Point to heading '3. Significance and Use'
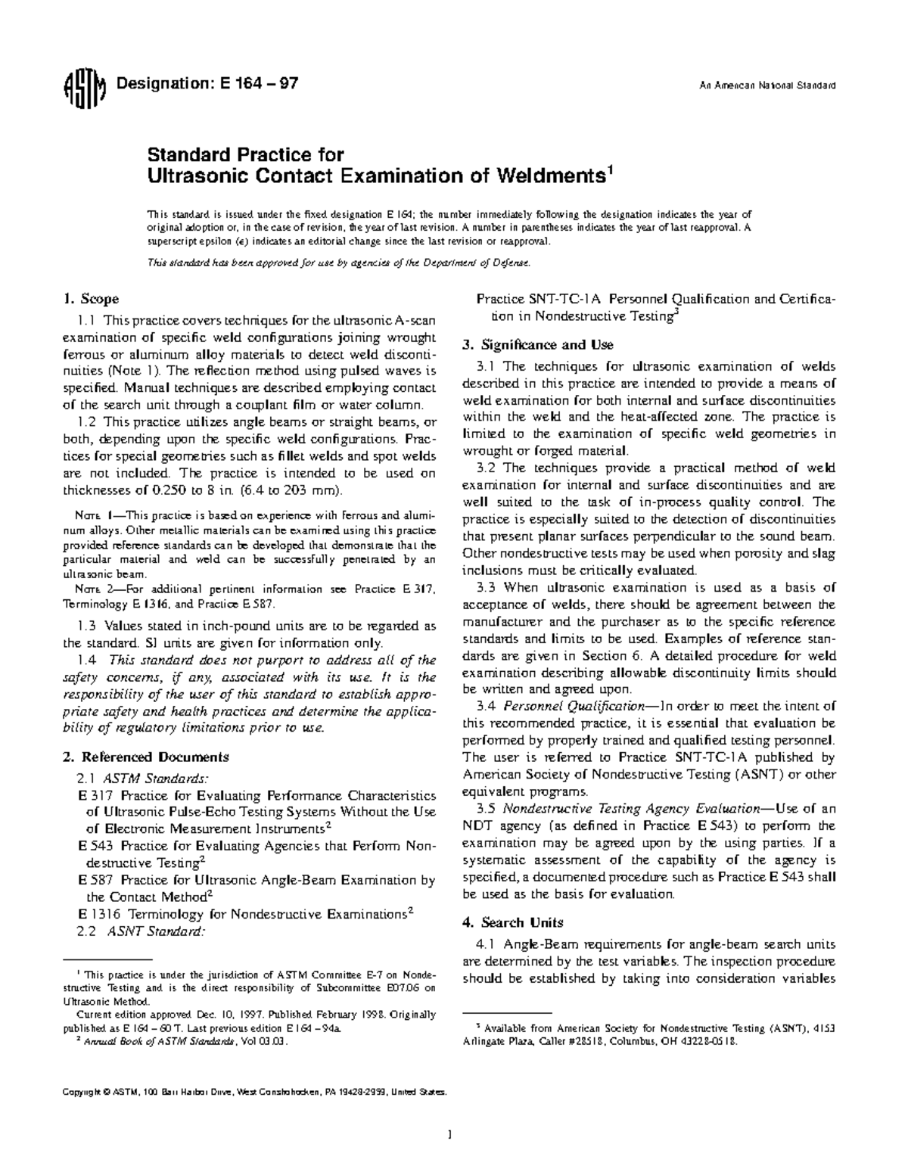[537, 345]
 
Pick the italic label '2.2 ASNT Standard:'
[141, 931]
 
